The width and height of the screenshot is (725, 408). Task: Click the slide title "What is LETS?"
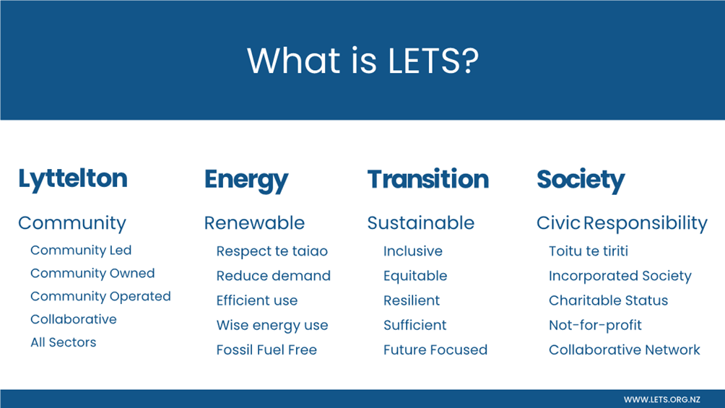(362, 61)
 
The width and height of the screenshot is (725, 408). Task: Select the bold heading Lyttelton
(73, 180)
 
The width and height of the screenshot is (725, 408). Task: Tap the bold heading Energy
(246, 180)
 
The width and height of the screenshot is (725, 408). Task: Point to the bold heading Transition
(427, 179)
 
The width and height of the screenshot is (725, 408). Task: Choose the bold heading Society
(581, 180)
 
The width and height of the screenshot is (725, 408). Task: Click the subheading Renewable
(254, 223)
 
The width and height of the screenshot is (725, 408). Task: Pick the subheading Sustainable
(421, 223)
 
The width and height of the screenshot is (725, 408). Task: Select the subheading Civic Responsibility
(622, 223)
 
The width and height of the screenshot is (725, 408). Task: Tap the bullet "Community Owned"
(92, 274)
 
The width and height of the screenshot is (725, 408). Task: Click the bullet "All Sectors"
(64, 342)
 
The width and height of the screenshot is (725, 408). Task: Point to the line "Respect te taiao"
(272, 251)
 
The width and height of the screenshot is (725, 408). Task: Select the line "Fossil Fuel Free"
(266, 350)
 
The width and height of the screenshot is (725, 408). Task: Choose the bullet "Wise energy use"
(272, 326)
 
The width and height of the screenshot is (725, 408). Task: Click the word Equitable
(415, 276)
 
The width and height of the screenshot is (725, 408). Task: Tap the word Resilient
(412, 300)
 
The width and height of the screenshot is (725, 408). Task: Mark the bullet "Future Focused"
(435, 350)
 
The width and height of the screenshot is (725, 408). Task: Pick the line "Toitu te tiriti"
(588, 251)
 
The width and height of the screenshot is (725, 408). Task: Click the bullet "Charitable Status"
(609, 300)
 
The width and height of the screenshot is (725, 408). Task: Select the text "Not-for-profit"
(595, 326)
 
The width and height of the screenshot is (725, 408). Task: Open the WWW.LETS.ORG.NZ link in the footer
(661, 399)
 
